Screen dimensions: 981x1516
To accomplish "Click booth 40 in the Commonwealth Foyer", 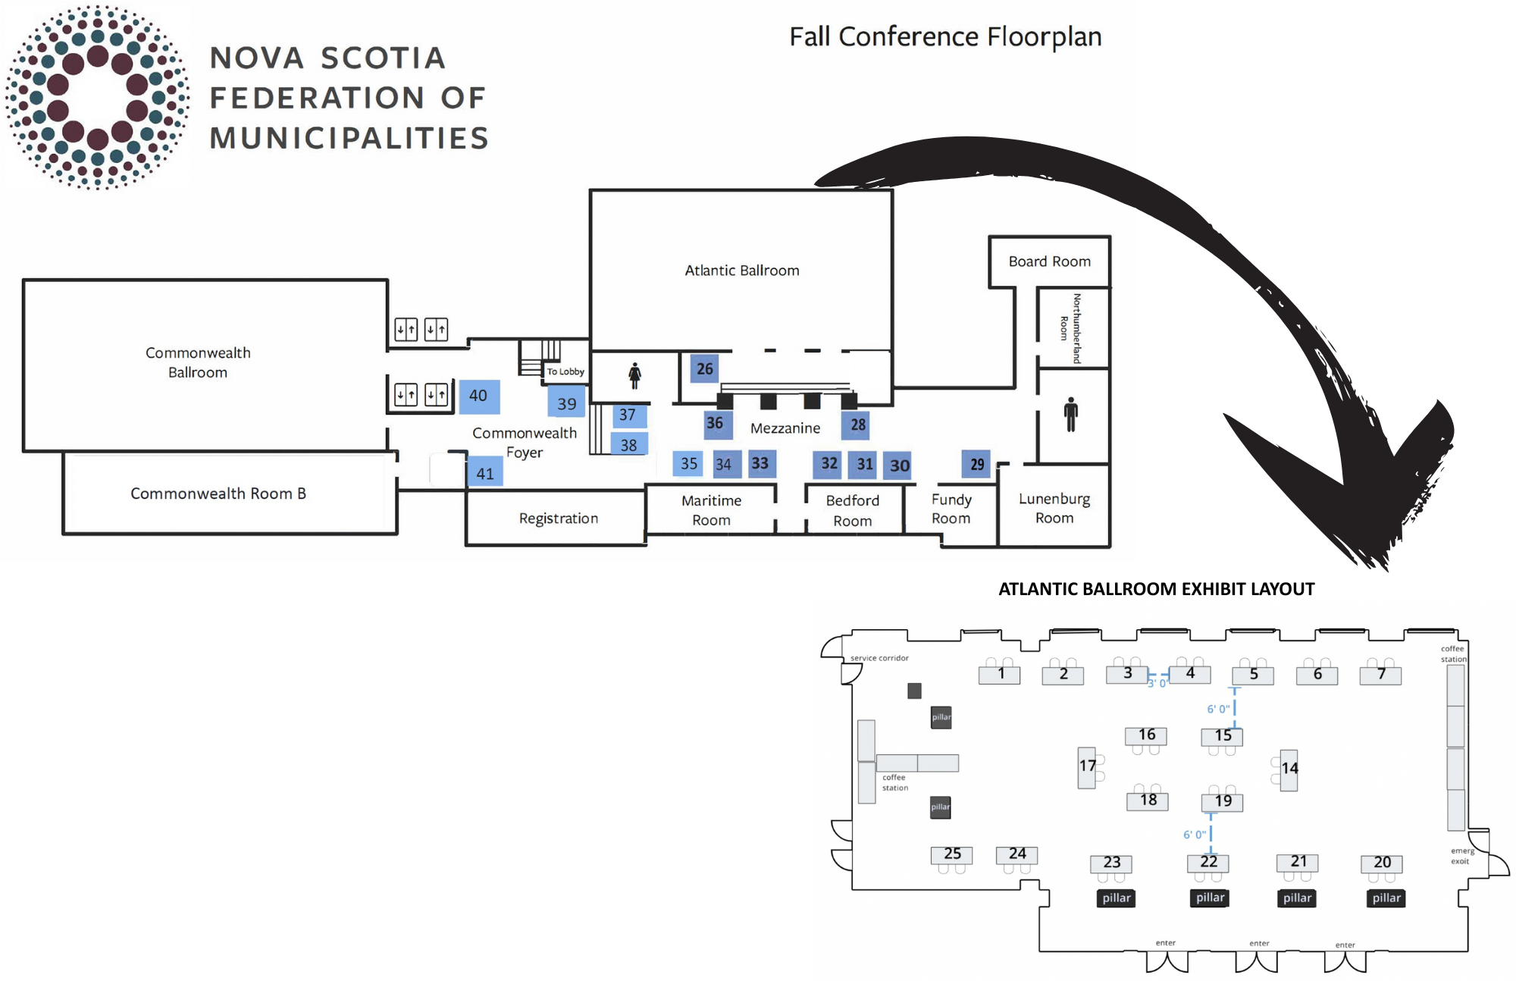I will tap(479, 396).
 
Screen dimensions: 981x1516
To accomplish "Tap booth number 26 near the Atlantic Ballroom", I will tap(704, 369).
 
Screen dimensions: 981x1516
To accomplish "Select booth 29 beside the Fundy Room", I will tap(977, 464).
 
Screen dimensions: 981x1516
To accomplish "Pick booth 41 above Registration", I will tap(485, 473).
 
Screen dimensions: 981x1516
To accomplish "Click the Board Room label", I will tap(1049, 262).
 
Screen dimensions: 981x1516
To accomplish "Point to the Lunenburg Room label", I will tap(1054, 508).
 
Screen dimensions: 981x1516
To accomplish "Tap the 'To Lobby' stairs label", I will tap(565, 371).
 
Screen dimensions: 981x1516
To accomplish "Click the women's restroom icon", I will tap(634, 375).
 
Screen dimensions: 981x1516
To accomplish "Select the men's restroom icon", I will tap(1070, 414).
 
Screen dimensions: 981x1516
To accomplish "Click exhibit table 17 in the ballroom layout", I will tap(1087, 766).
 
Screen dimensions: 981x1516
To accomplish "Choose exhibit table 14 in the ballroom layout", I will tap(1289, 769).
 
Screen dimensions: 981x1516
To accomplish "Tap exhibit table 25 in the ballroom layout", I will tap(952, 854).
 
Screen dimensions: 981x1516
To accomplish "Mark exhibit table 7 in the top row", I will tap(1380, 674).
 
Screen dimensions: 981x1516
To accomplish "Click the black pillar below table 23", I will tap(1116, 898).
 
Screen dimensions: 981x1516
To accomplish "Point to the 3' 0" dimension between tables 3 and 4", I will tap(1157, 683).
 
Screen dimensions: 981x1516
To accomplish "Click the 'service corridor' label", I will tap(879, 658).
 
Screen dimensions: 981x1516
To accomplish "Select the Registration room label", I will tap(558, 519).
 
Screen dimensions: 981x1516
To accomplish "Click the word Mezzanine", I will tap(785, 428).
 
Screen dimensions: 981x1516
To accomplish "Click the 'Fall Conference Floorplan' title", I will tap(945, 36).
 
